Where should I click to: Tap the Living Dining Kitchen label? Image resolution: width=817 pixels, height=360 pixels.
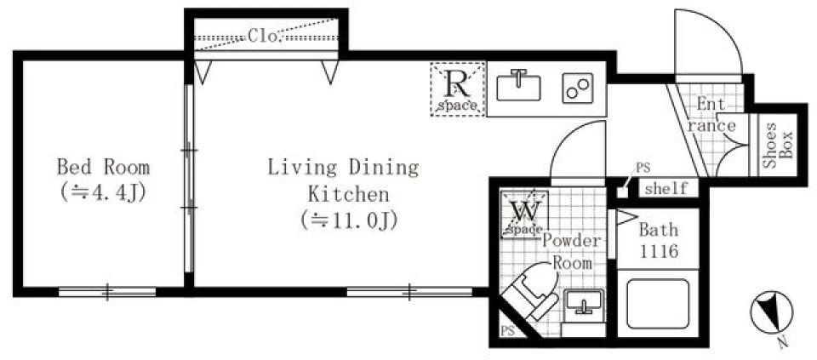(343, 179)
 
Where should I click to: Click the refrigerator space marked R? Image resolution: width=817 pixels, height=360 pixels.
(458, 89)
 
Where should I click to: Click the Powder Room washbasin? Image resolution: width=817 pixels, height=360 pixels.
(584, 302)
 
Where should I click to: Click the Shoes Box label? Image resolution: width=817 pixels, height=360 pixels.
(778, 146)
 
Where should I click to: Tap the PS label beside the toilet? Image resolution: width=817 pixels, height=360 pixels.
(507, 331)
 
